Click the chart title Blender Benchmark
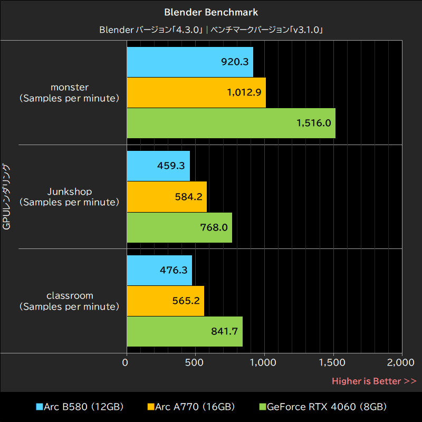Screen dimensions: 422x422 (x=211, y=12)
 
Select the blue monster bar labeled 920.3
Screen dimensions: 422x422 (x=190, y=62)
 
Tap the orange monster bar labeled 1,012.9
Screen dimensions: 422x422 (x=196, y=92)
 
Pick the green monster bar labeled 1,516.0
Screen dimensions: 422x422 (x=231, y=123)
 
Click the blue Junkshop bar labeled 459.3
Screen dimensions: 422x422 (x=158, y=166)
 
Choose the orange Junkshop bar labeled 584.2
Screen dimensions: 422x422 (x=167, y=196)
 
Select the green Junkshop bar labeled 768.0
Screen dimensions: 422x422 (x=179, y=227)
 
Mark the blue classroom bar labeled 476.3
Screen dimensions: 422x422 (x=159, y=270)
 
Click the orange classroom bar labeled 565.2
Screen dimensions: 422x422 (x=166, y=300)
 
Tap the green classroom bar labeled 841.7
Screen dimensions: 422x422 (x=185, y=331)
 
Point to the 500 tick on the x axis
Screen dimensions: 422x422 (x=195, y=362)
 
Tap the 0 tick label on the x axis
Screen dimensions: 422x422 (x=126, y=362)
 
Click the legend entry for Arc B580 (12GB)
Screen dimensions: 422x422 (x=80, y=407)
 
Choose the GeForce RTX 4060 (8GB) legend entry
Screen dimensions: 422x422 (x=323, y=407)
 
